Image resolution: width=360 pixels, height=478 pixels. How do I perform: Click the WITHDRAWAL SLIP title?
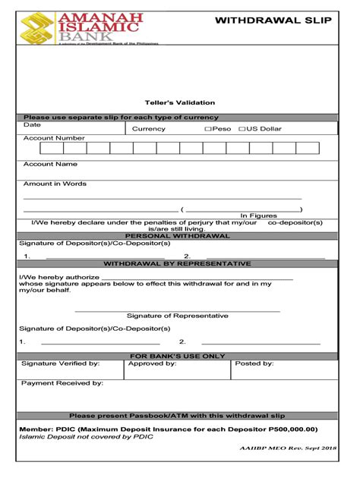click(273, 20)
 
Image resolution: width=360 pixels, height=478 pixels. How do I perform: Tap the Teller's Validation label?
click(180, 102)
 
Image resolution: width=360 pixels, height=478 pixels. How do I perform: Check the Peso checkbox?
click(207, 129)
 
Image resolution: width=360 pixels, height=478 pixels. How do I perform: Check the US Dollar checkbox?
click(242, 129)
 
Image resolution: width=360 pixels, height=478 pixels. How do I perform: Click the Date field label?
click(32, 124)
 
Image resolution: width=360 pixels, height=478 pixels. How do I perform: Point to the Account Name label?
click(50, 164)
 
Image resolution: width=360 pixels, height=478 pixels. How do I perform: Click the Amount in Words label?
click(55, 184)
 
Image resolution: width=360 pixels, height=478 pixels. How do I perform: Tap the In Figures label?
click(259, 215)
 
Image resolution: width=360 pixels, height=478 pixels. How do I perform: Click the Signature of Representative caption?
click(177, 316)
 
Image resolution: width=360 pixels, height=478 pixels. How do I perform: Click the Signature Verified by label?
click(60, 364)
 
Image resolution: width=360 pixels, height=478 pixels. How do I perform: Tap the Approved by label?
click(152, 364)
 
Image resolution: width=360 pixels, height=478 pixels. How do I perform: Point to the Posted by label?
click(254, 364)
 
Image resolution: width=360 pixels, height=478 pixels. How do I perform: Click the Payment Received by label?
click(62, 383)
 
